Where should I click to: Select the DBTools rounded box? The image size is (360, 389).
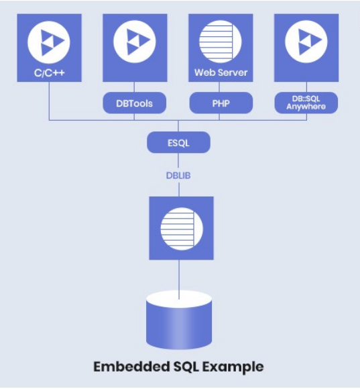[x=134, y=103]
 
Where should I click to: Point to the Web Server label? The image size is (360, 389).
[x=221, y=72]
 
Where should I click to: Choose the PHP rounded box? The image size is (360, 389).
[x=221, y=103]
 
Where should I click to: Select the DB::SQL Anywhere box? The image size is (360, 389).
[x=306, y=103]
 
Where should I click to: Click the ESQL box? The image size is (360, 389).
[x=178, y=142]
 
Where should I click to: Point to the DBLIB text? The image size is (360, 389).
[x=178, y=174]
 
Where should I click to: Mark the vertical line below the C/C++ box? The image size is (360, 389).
[x=48, y=101]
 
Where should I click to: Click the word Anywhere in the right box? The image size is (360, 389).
[x=306, y=107]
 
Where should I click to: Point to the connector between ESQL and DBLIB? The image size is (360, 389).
[x=178, y=160]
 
